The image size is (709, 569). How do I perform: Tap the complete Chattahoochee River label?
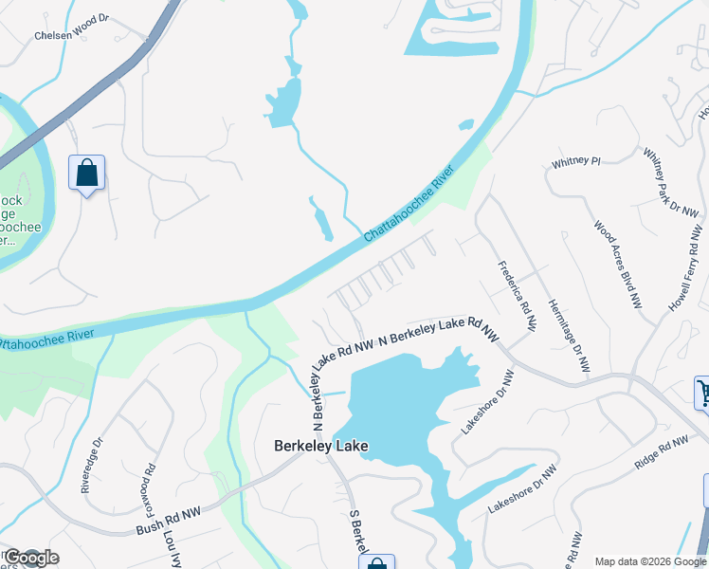(409, 202)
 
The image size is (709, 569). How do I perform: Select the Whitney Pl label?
(576, 162)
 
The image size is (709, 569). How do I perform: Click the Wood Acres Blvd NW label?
(618, 265)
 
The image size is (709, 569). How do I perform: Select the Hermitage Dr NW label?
(568, 336)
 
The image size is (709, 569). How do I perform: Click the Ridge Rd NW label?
(661, 451)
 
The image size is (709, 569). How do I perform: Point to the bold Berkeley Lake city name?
(320, 446)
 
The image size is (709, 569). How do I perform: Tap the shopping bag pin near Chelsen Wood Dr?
(86, 174)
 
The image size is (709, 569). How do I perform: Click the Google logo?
(30, 558)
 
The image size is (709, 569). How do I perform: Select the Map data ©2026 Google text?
(650, 561)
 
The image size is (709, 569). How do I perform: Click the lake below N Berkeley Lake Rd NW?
(398, 398)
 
